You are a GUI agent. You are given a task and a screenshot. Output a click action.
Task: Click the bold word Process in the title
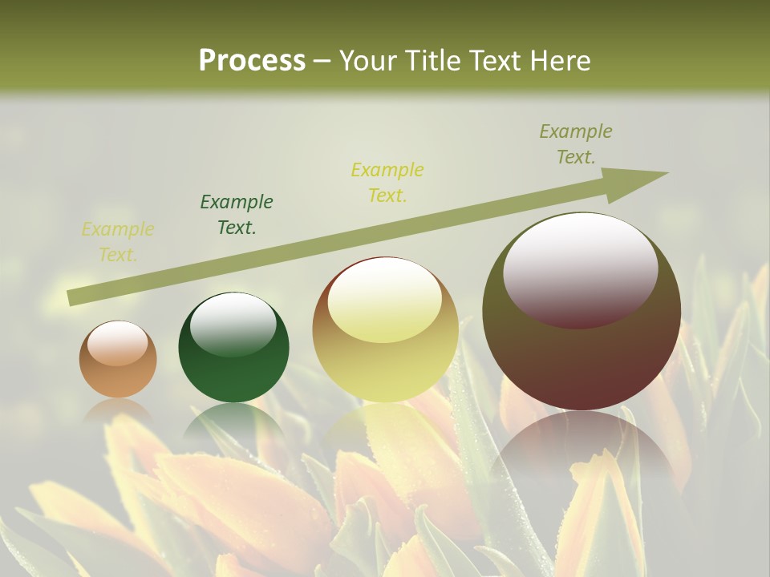tap(252, 61)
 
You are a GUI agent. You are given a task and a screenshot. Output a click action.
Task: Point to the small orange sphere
tap(118, 360)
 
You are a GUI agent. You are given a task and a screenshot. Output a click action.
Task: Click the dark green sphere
tap(233, 348)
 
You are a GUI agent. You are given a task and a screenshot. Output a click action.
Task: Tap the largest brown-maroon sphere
tap(582, 313)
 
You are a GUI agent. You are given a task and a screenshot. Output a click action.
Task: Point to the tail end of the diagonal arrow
tap(74, 297)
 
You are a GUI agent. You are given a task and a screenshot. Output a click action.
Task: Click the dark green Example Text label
tap(237, 215)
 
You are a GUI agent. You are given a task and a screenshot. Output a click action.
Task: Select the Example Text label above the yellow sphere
tap(387, 182)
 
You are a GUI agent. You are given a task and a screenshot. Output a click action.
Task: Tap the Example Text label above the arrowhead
tap(575, 144)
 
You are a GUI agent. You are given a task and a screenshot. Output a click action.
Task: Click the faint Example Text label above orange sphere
tap(118, 242)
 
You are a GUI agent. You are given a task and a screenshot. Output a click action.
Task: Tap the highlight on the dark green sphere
tap(233, 325)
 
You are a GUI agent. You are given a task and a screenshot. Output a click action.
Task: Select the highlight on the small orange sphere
tap(118, 344)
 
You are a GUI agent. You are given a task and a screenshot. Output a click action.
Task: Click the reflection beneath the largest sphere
tap(582, 445)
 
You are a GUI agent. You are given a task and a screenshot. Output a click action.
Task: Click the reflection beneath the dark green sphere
tap(233, 421)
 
